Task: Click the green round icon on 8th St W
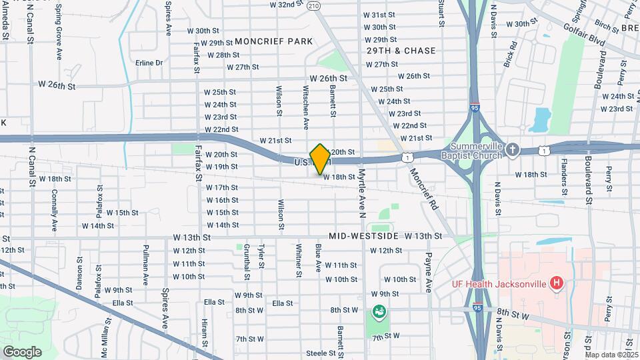click(x=379, y=311)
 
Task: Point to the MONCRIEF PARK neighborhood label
click(x=273, y=41)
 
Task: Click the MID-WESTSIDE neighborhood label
click(x=364, y=236)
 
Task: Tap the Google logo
click(x=22, y=351)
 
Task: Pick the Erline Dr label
click(x=149, y=63)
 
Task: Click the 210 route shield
click(x=314, y=5)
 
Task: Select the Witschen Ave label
click(x=306, y=107)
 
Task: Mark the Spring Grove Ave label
click(x=59, y=32)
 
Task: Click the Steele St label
click(x=320, y=353)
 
